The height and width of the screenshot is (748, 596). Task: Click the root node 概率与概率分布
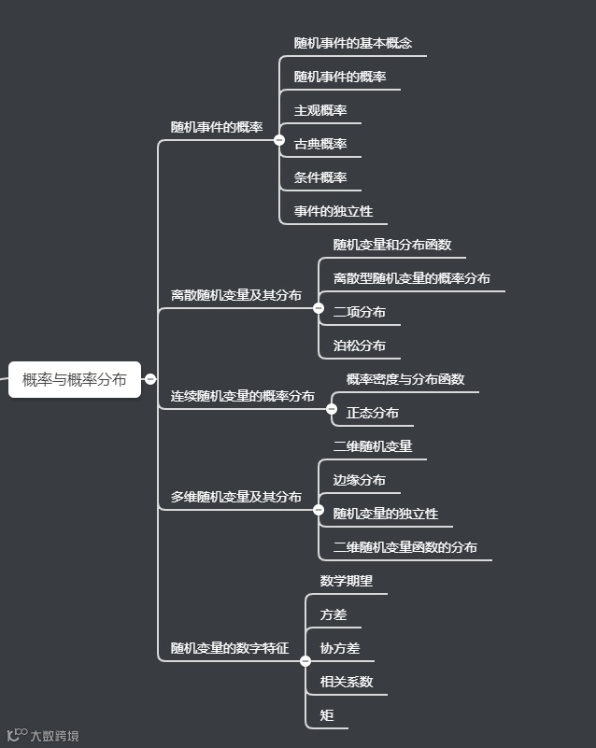pyautogui.click(x=75, y=379)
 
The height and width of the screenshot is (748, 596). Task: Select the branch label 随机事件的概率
pyautogui.click(x=216, y=127)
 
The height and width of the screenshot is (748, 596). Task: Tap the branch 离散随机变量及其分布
pyautogui.click(x=235, y=295)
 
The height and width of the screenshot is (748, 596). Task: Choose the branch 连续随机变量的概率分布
pyautogui.click(x=242, y=396)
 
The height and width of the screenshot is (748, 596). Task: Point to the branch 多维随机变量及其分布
pyautogui.click(x=235, y=497)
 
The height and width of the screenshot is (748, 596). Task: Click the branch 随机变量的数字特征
pyautogui.click(x=229, y=648)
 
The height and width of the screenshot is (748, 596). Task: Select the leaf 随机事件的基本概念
pyautogui.click(x=352, y=43)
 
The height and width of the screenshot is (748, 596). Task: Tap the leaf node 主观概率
pyautogui.click(x=320, y=110)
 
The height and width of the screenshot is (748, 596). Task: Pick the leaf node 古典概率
pyautogui.click(x=320, y=144)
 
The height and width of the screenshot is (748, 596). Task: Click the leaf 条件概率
pyautogui.click(x=320, y=177)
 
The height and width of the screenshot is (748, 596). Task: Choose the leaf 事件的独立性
pyautogui.click(x=333, y=211)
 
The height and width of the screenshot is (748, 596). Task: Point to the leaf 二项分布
pyautogui.click(x=359, y=312)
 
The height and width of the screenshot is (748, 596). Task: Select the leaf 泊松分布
pyautogui.click(x=359, y=346)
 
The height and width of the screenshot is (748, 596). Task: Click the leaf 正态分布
pyautogui.click(x=372, y=413)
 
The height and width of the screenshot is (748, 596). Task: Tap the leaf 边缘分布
pyautogui.click(x=359, y=480)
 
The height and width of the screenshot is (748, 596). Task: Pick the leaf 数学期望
pyautogui.click(x=346, y=581)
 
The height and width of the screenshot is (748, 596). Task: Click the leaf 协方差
pyautogui.click(x=339, y=648)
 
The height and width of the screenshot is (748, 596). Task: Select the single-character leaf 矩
pyautogui.click(x=327, y=715)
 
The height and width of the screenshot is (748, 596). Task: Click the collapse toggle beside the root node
pyautogui.click(x=149, y=379)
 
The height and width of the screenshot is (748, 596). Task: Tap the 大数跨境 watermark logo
pyautogui.click(x=43, y=736)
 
